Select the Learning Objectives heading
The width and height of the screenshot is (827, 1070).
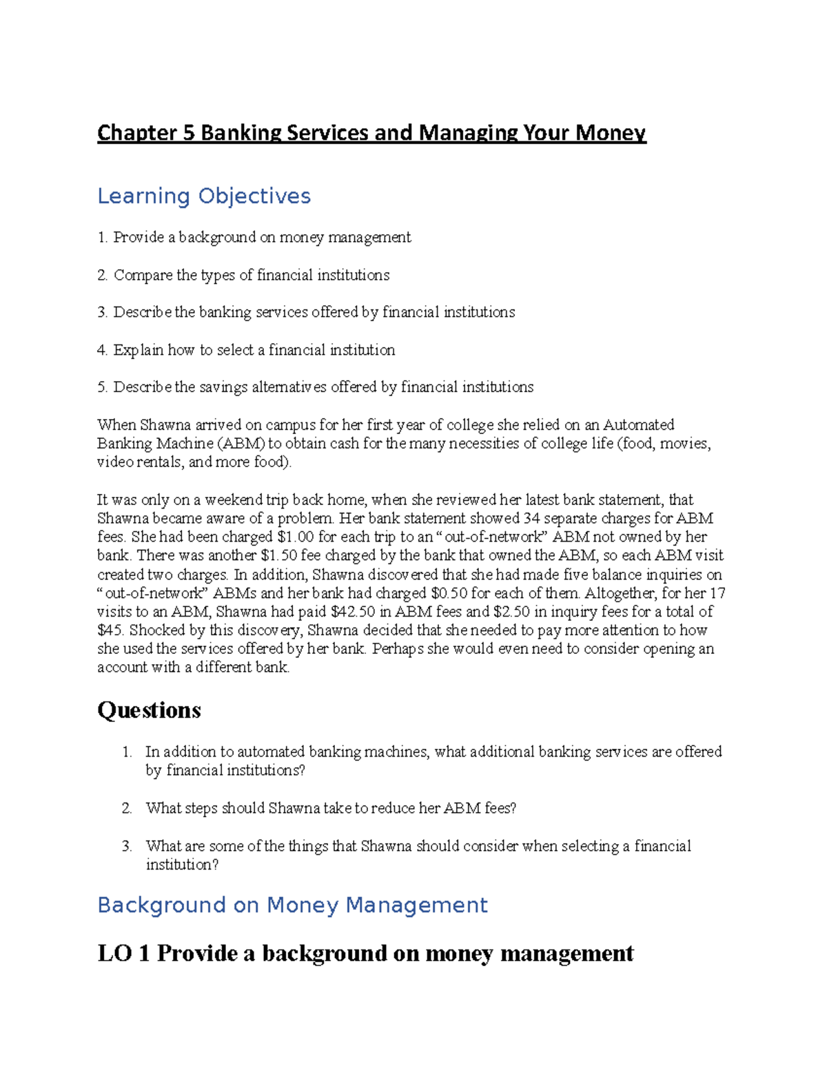[204, 196]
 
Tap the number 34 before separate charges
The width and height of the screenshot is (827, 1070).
[531, 519]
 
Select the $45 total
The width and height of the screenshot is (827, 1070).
[110, 630]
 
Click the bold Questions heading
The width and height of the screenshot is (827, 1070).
[149, 710]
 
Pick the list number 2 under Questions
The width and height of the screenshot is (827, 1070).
[127, 808]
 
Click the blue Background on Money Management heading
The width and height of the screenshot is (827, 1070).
[292, 905]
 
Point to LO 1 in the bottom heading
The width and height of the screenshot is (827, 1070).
[123, 954]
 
